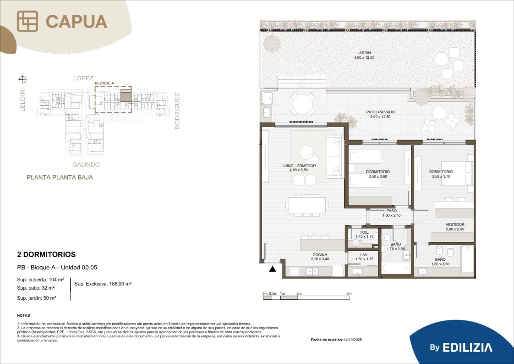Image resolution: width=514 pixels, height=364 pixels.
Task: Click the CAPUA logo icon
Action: point(27,21)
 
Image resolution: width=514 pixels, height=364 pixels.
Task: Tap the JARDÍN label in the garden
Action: point(364,53)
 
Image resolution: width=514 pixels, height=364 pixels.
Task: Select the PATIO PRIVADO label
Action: point(380,112)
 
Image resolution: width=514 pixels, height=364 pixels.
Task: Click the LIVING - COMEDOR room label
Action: point(298,166)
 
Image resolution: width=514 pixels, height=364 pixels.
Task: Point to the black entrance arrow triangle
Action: point(273,269)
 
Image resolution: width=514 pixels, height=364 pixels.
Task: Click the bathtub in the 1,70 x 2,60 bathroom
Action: point(396,268)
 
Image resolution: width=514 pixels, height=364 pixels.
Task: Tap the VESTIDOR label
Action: point(454,224)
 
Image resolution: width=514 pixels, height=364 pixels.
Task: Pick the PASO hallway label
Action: point(391,211)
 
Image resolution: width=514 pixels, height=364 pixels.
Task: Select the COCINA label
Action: point(320,255)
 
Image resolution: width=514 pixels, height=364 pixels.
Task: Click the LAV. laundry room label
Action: point(364,255)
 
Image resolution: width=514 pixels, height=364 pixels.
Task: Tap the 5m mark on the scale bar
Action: point(349,293)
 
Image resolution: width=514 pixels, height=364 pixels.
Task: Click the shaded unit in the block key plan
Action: point(126,95)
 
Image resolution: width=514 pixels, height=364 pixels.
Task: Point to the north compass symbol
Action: point(22,79)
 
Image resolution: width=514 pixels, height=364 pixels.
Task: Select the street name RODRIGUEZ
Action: point(177,111)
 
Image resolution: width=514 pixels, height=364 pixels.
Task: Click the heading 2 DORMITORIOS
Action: point(46,254)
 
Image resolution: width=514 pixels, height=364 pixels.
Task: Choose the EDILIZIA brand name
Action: point(467,347)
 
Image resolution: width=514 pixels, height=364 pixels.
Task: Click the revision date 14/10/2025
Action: point(353,340)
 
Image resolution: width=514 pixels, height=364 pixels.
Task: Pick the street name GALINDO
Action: point(86,164)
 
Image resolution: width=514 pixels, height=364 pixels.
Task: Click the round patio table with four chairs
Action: point(303,104)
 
